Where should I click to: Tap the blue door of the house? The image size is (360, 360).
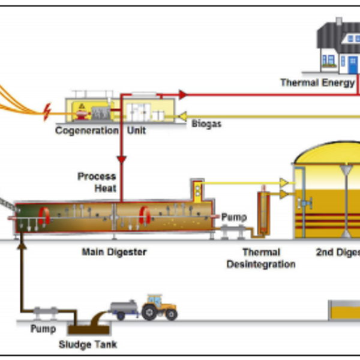click(x=350, y=62)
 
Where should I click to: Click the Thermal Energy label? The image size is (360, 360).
click(x=317, y=83)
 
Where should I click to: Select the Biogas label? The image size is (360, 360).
click(x=207, y=124)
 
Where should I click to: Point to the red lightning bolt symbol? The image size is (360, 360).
click(x=47, y=109)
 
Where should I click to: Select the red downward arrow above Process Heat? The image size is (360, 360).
click(x=122, y=160)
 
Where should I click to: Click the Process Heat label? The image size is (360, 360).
click(x=97, y=182)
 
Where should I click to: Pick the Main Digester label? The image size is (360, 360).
click(x=114, y=252)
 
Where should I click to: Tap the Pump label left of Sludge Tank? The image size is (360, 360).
click(x=43, y=329)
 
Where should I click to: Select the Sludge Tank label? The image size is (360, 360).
click(x=88, y=344)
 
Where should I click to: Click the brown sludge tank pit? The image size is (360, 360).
click(x=89, y=328)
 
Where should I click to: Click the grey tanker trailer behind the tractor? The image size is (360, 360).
click(x=124, y=308)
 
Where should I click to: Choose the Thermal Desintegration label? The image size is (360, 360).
click(x=261, y=258)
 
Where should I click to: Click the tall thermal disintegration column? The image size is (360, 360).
click(x=262, y=213)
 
